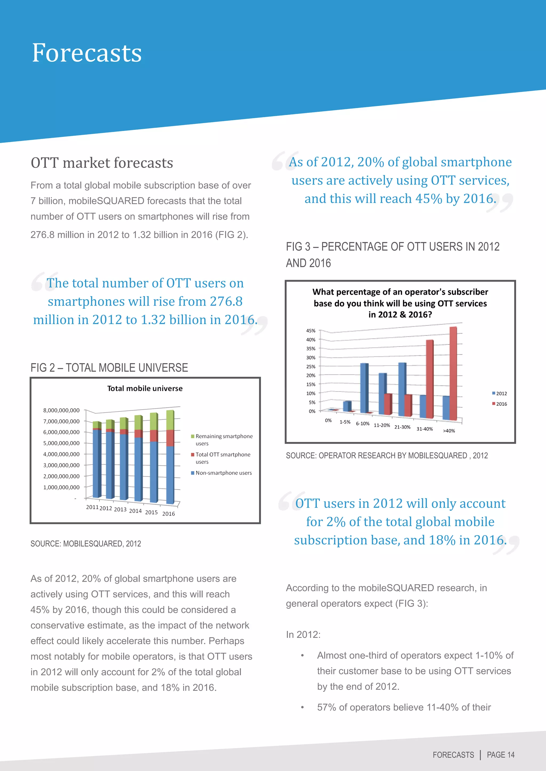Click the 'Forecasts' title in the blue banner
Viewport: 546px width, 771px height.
pos(87,53)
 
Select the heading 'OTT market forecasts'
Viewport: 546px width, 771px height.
pos(102,163)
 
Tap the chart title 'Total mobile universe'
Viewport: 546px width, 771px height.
pos(145,388)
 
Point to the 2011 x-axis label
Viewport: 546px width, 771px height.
pos(92,507)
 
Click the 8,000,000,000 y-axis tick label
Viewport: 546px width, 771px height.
pos(61,410)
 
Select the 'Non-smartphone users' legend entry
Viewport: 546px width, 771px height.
pos(223,473)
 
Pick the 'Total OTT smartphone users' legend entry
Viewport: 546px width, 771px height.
pos(223,458)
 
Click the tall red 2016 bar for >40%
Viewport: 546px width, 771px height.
pos(453,373)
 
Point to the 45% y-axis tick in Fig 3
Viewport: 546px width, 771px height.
pos(311,331)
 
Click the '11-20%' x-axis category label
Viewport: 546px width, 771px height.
pos(382,425)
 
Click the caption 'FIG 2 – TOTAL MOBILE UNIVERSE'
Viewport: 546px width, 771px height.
pos(109,368)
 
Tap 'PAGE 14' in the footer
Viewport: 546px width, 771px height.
pos(501,755)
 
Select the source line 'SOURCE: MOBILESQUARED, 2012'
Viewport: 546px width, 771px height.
pos(86,544)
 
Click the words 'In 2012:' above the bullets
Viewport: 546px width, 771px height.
pos(303,634)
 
